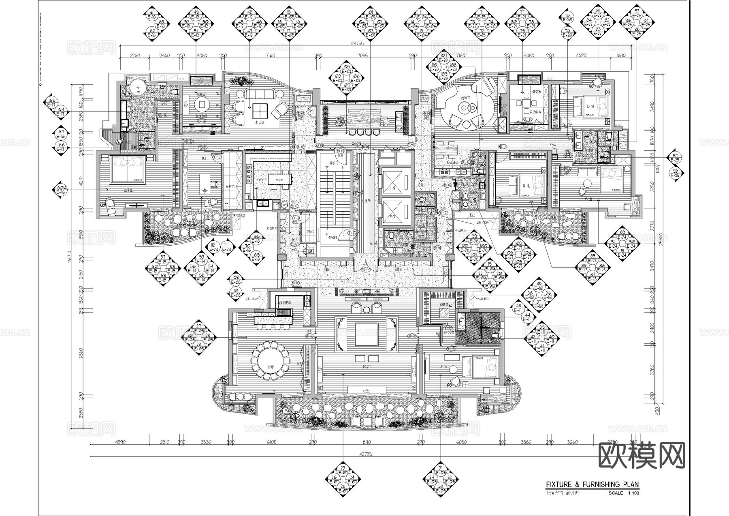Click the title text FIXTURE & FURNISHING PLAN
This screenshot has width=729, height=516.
pyautogui.click(x=592, y=484)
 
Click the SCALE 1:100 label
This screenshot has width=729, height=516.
pyautogui.click(x=624, y=493)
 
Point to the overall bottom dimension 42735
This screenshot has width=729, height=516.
pyautogui.click(x=365, y=454)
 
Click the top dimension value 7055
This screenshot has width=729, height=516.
pyautogui.click(x=363, y=56)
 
